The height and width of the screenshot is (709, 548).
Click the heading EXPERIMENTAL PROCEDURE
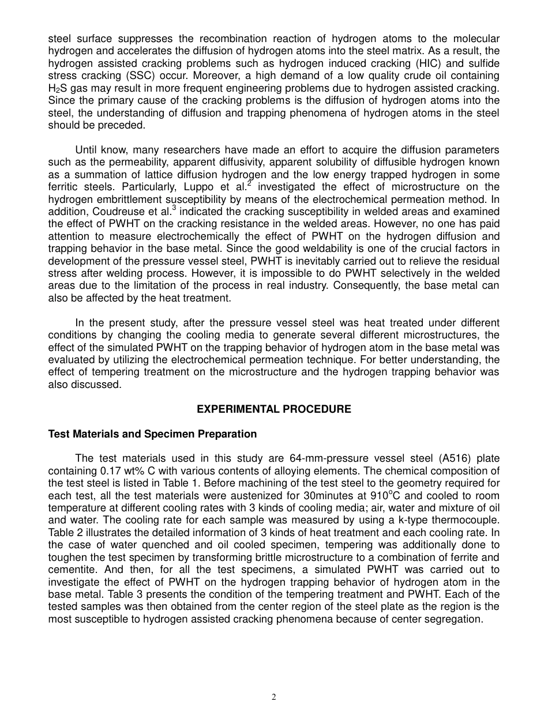click(x=274, y=409)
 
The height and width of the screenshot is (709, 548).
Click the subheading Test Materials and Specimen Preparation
click(x=152, y=434)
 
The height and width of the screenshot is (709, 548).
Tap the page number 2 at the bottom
click(x=274, y=697)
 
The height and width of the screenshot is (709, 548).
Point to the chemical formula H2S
click(x=58, y=88)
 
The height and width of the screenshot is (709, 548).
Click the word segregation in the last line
click(x=455, y=619)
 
